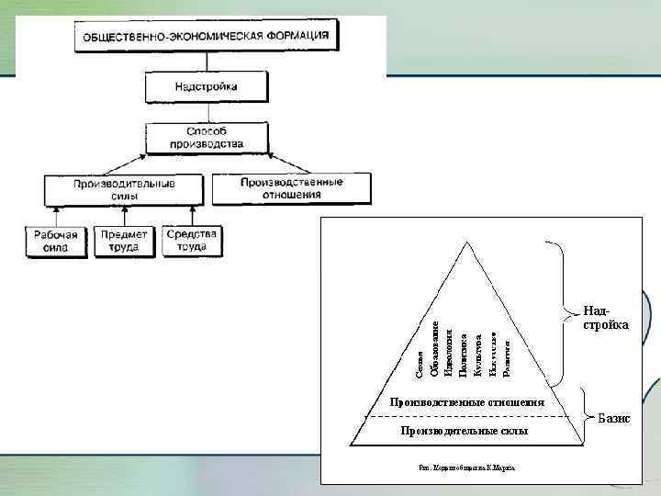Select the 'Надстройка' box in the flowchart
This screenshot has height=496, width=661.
point(193,87)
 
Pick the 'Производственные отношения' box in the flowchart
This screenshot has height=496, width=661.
point(291,187)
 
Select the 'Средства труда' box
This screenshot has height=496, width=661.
point(192,240)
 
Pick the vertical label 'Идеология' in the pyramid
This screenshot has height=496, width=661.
point(448,353)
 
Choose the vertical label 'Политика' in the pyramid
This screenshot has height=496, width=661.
point(463,355)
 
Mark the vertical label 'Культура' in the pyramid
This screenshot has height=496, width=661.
point(477,356)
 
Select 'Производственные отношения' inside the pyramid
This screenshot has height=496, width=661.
point(466,402)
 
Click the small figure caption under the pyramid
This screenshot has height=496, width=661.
point(466,467)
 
